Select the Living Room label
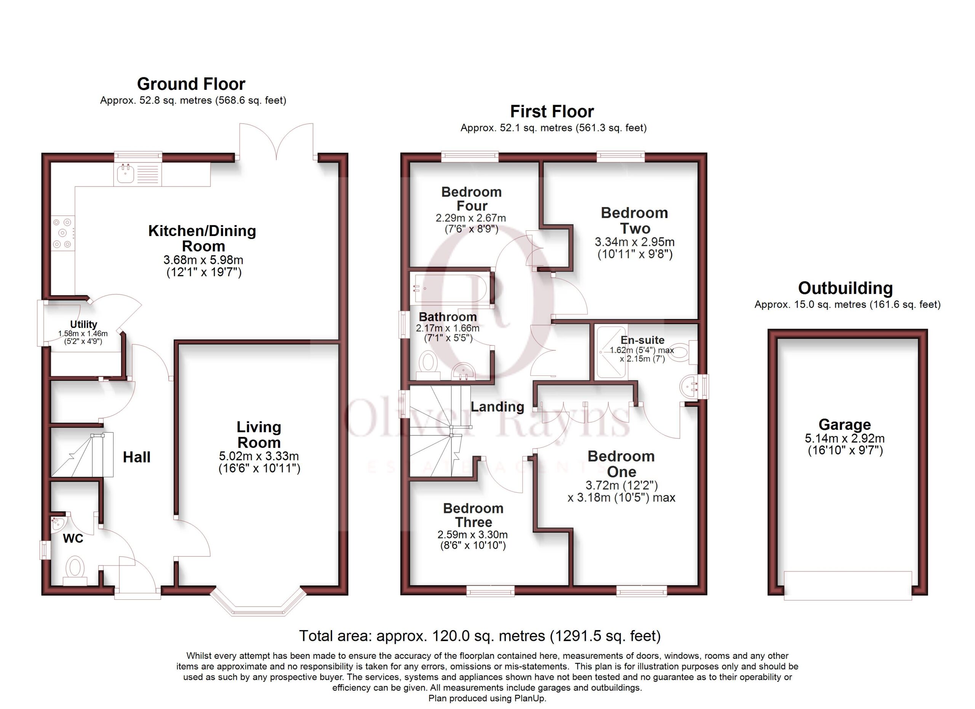click(x=259, y=435)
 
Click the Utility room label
click(x=83, y=324)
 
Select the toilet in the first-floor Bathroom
click(x=428, y=366)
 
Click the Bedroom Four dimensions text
click(x=471, y=224)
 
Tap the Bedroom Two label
click(x=635, y=220)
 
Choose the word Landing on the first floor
click(x=497, y=407)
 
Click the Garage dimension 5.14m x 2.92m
click(x=845, y=439)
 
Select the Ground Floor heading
click(x=191, y=84)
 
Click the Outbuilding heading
click(x=846, y=288)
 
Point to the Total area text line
click(x=480, y=636)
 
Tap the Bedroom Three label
click(x=473, y=515)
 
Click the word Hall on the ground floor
click(x=137, y=457)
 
